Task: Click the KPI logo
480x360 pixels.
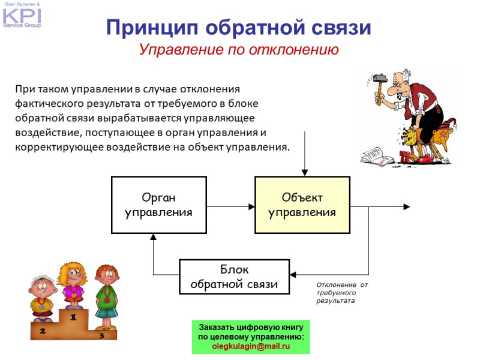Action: (22, 16)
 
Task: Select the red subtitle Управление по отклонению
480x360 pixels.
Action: (239, 50)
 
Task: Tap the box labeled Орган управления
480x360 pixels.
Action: (159, 205)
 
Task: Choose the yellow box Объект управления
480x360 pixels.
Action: (302, 205)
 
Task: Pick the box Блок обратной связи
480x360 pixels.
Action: (234, 277)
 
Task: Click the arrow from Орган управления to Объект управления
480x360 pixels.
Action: (231, 206)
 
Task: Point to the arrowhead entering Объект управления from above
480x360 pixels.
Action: (305, 173)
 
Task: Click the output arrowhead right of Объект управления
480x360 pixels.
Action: (406, 206)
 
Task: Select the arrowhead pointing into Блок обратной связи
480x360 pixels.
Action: (293, 275)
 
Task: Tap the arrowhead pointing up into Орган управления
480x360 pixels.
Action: (154, 236)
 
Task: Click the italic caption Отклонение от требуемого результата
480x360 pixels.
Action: (342, 293)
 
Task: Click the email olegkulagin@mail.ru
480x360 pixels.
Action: (251, 346)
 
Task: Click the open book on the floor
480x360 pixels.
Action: (377, 157)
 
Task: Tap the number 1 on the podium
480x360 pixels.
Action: (73, 317)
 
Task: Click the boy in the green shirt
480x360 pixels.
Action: (106, 296)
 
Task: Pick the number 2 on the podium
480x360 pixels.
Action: (43, 331)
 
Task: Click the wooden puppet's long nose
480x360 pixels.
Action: (443, 143)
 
